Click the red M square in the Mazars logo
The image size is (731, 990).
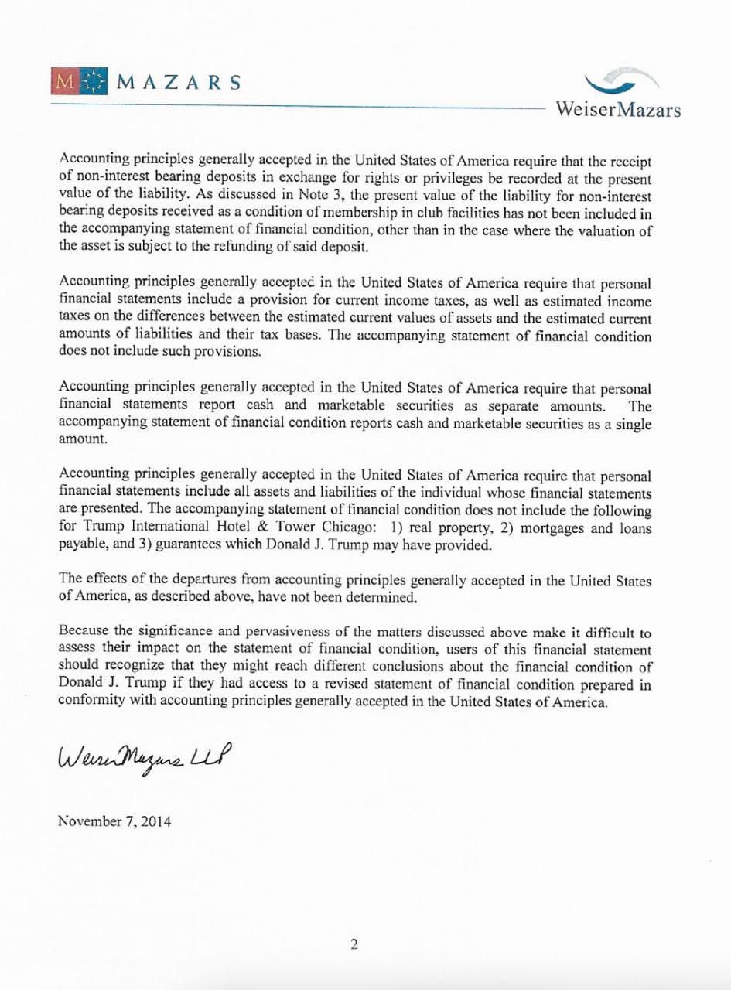click(x=65, y=81)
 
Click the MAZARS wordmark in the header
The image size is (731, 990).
click(x=179, y=82)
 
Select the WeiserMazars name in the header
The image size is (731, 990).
click(x=618, y=109)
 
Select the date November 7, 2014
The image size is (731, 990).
click(x=114, y=821)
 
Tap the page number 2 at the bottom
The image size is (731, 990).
click(x=354, y=944)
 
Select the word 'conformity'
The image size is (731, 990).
click(x=87, y=702)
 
